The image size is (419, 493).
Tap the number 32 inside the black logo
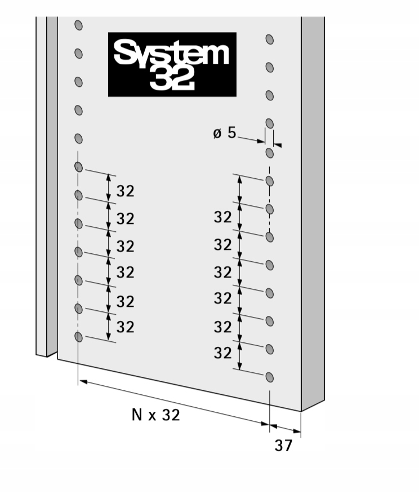pyautogui.click(x=172, y=78)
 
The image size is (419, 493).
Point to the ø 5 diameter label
pyautogui.click(x=225, y=133)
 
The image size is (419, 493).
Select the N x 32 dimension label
pyautogui.click(x=156, y=415)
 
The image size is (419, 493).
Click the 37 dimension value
pyautogui.click(x=284, y=446)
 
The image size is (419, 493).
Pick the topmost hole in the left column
pyautogui.click(x=78, y=25)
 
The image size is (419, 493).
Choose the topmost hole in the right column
pyautogui.click(x=270, y=39)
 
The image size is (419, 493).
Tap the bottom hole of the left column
pyautogui.click(x=78, y=337)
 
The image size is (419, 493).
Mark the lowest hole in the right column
pyautogui.click(x=270, y=377)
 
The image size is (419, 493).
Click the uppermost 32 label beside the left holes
pyautogui.click(x=126, y=191)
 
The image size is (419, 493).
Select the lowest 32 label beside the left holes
pyautogui.click(x=126, y=327)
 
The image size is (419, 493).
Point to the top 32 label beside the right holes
pyautogui.click(x=223, y=217)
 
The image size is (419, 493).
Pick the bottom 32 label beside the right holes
pyautogui.click(x=223, y=353)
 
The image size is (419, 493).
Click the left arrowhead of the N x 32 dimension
pyautogui.click(x=83, y=382)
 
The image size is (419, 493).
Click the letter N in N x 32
pyautogui.click(x=137, y=415)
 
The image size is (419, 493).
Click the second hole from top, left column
pyautogui.click(x=78, y=54)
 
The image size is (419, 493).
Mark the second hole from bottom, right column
pyautogui.click(x=270, y=349)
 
